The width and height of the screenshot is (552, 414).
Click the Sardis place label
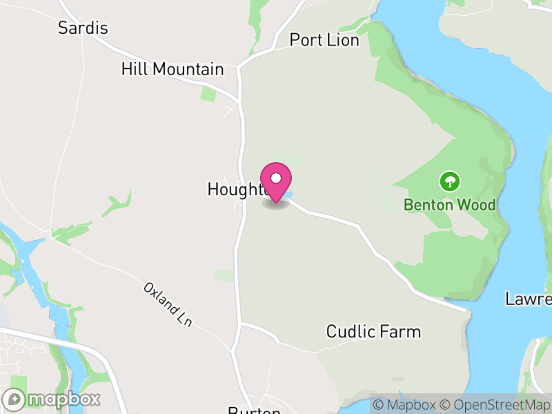(83, 28)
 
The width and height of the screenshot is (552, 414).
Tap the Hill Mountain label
(172, 70)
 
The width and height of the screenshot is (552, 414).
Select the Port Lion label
(324, 41)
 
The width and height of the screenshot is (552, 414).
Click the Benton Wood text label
(450, 205)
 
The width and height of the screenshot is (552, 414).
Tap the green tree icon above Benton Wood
(450, 182)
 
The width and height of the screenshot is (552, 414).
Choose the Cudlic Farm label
(373, 332)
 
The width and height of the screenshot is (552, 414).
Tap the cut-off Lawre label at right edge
(529, 299)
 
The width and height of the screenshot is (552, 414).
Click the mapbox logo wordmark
(63, 399)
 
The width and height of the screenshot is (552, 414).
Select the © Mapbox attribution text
(408, 405)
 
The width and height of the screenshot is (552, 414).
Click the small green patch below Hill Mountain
(208, 93)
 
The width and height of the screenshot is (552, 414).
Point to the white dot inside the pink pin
(276, 178)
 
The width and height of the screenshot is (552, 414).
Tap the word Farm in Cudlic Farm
(403, 332)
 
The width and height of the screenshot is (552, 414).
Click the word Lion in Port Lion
(344, 41)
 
